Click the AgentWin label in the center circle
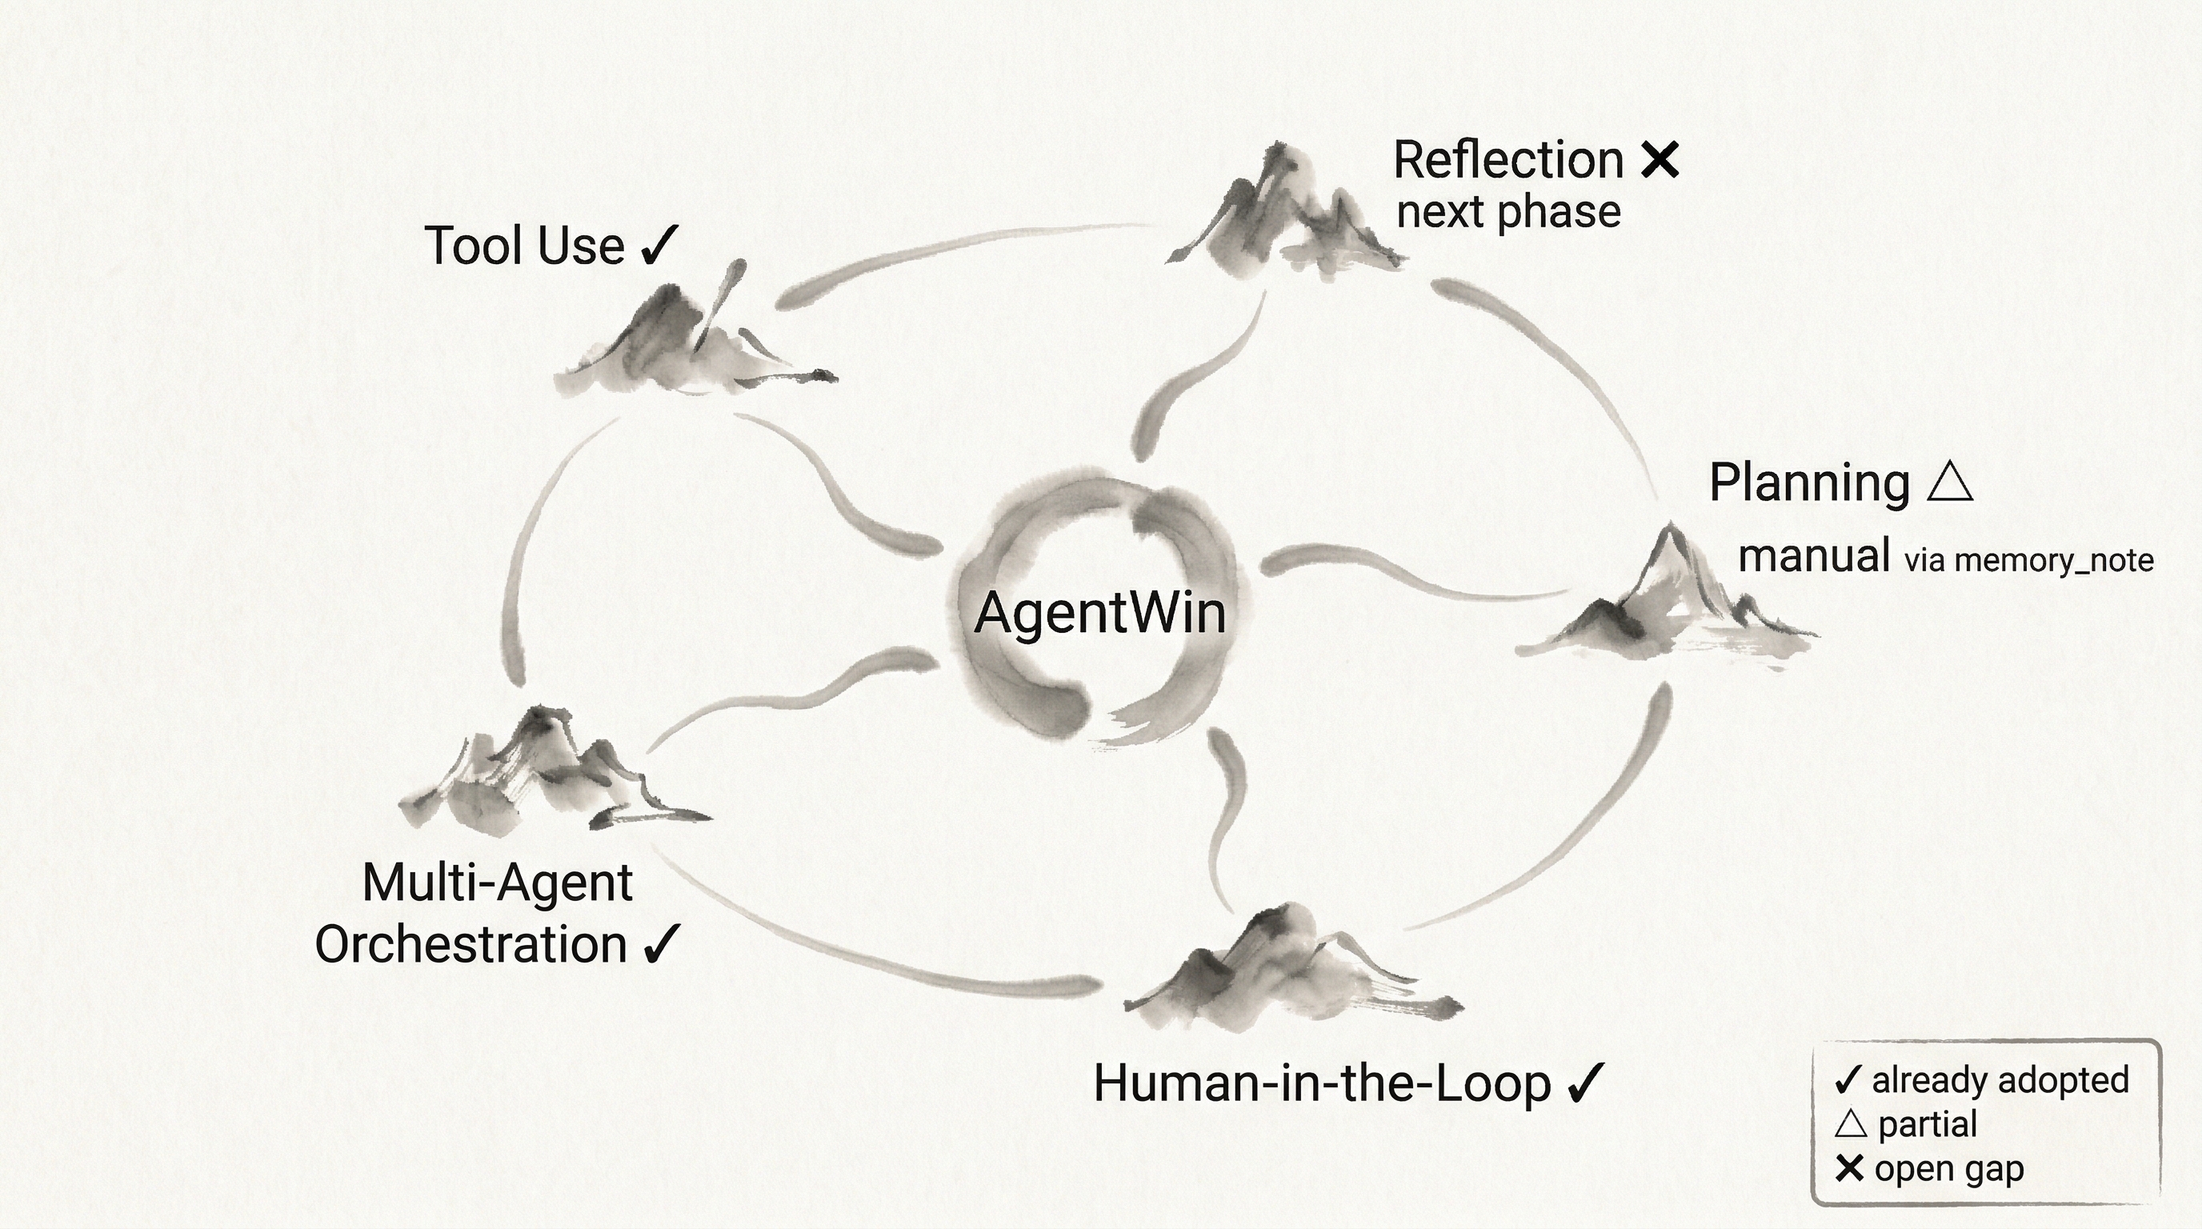click(1100, 613)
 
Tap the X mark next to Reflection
click(1660, 160)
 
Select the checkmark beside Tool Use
click(659, 246)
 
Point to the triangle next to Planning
click(1951, 482)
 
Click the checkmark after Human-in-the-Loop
click(1587, 1083)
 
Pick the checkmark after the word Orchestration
click(662, 943)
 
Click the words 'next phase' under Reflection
click(1508, 212)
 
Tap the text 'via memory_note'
click(2028, 561)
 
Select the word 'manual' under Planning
click(1813, 556)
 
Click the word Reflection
click(1508, 160)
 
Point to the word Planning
click(1809, 483)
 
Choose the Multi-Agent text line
click(498, 882)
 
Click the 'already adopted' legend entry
click(1999, 1080)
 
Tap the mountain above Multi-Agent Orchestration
click(547, 769)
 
